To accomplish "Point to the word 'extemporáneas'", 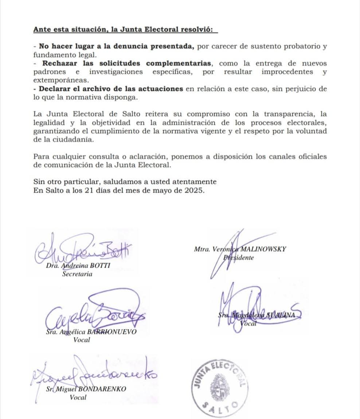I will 60,80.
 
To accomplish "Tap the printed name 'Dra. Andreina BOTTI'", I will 78,266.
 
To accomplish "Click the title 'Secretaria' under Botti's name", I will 77,274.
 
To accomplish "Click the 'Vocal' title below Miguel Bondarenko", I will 78,398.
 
